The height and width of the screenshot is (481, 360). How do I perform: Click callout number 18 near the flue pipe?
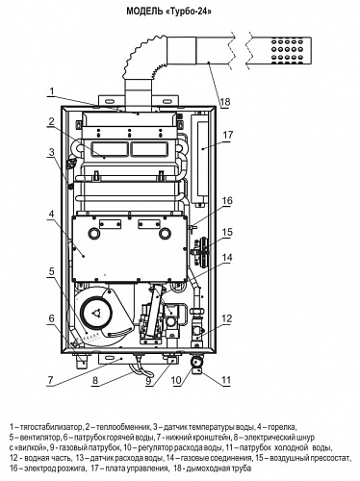point(225,102)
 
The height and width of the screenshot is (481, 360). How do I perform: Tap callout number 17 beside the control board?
point(228,135)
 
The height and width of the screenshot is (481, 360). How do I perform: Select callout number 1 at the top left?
point(52,91)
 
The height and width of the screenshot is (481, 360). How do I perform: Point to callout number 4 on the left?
point(52,215)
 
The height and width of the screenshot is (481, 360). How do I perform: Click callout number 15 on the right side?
point(227,232)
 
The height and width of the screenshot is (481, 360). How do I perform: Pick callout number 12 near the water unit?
point(226,318)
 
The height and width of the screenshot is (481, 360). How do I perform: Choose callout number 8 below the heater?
point(95,380)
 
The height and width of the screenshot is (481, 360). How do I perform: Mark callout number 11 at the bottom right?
point(226,380)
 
